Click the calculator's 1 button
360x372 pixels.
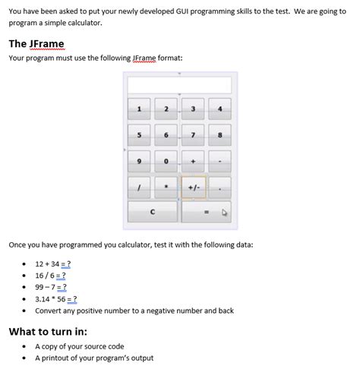[x=139, y=109]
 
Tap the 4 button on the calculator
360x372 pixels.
[x=219, y=109]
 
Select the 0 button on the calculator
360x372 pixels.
[x=166, y=161]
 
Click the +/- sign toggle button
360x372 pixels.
[x=193, y=187]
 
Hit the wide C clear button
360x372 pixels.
[x=153, y=212]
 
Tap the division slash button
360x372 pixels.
[x=139, y=187]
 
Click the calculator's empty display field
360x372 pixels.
[x=179, y=84]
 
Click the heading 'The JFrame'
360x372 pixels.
[x=36, y=43]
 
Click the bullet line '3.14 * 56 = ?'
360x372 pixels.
[x=55, y=299]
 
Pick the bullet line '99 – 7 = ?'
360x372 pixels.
[x=51, y=287]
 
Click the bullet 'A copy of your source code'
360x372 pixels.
[x=79, y=346]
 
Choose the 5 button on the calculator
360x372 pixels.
[x=139, y=135]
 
